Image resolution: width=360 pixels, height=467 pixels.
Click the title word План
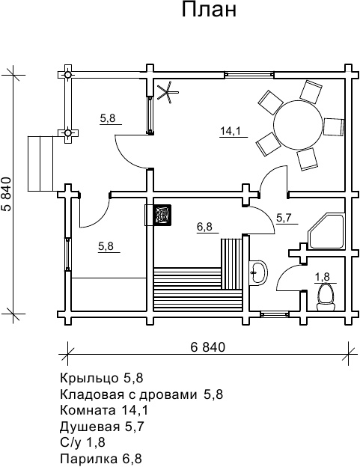(209, 10)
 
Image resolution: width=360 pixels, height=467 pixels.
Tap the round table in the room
(298, 126)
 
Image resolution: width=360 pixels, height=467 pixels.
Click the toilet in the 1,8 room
(326, 297)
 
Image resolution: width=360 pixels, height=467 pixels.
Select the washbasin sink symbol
(258, 272)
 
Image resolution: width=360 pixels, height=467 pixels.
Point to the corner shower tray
(326, 230)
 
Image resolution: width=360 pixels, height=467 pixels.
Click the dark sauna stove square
(162, 215)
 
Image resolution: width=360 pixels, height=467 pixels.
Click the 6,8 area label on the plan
(204, 227)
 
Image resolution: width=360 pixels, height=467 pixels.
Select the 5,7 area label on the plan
(284, 218)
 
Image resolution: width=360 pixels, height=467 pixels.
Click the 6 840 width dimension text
(208, 347)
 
